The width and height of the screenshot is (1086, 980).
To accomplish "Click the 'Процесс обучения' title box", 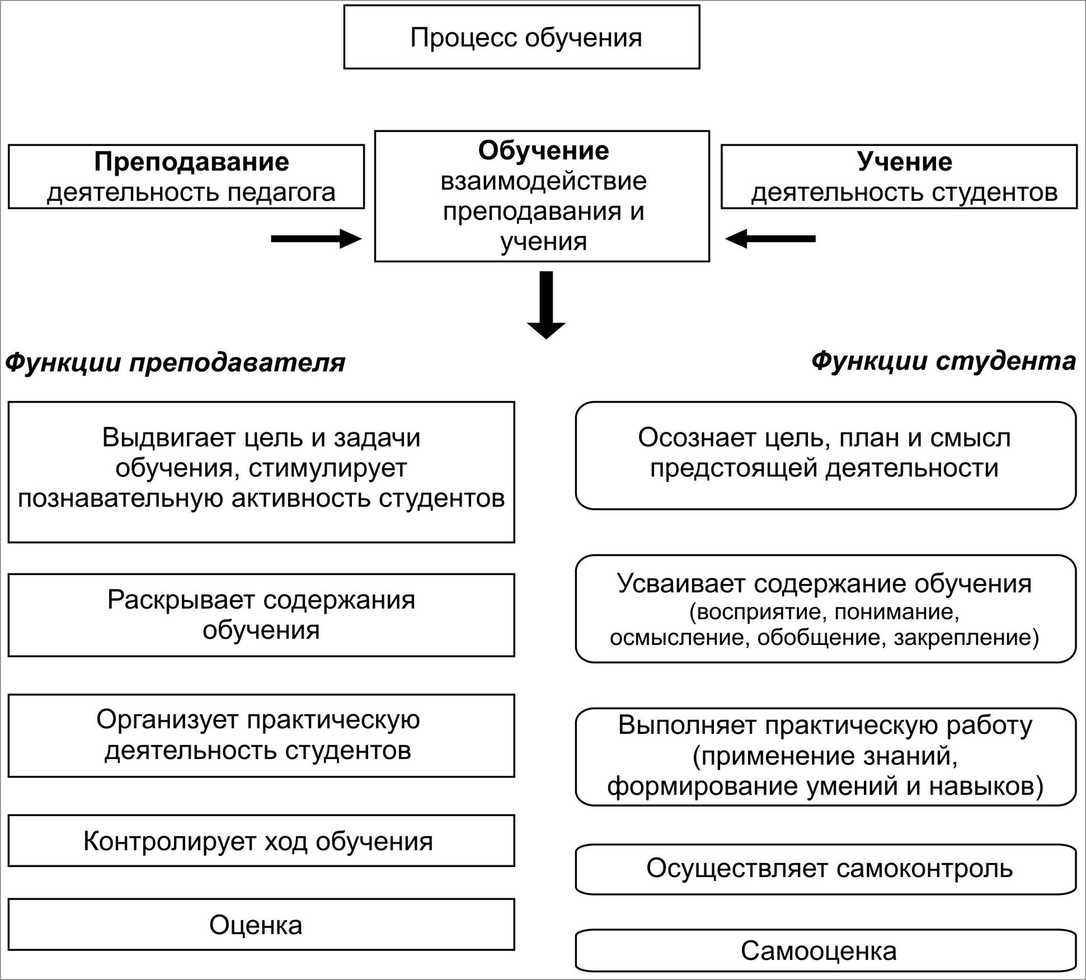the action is click(521, 37).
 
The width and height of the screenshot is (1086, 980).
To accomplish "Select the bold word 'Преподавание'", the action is click(191, 162).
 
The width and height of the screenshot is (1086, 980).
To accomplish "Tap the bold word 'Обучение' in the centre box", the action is click(543, 150).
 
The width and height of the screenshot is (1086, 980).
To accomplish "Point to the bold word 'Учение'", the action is click(904, 162).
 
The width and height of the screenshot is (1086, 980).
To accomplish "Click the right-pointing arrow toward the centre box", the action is click(316, 239).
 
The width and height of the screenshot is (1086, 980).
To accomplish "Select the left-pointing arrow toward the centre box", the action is click(770, 239).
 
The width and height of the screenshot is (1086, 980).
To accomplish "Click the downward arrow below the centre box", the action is click(546, 305).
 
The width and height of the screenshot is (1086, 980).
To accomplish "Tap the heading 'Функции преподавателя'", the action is click(175, 363).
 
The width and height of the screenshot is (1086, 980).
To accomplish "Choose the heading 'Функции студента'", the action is click(943, 361).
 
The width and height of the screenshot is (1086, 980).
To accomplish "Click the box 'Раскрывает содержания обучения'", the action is click(261, 615).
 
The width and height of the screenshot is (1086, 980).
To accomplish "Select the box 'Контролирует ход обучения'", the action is click(261, 840).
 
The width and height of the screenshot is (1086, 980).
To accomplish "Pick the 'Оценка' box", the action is click(261, 924).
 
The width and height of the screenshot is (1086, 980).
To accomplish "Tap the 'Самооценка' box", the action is click(826, 950).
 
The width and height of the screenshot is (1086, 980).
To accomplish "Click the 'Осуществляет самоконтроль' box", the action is click(826, 869).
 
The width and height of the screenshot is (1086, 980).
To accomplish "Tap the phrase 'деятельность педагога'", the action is click(191, 193).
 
